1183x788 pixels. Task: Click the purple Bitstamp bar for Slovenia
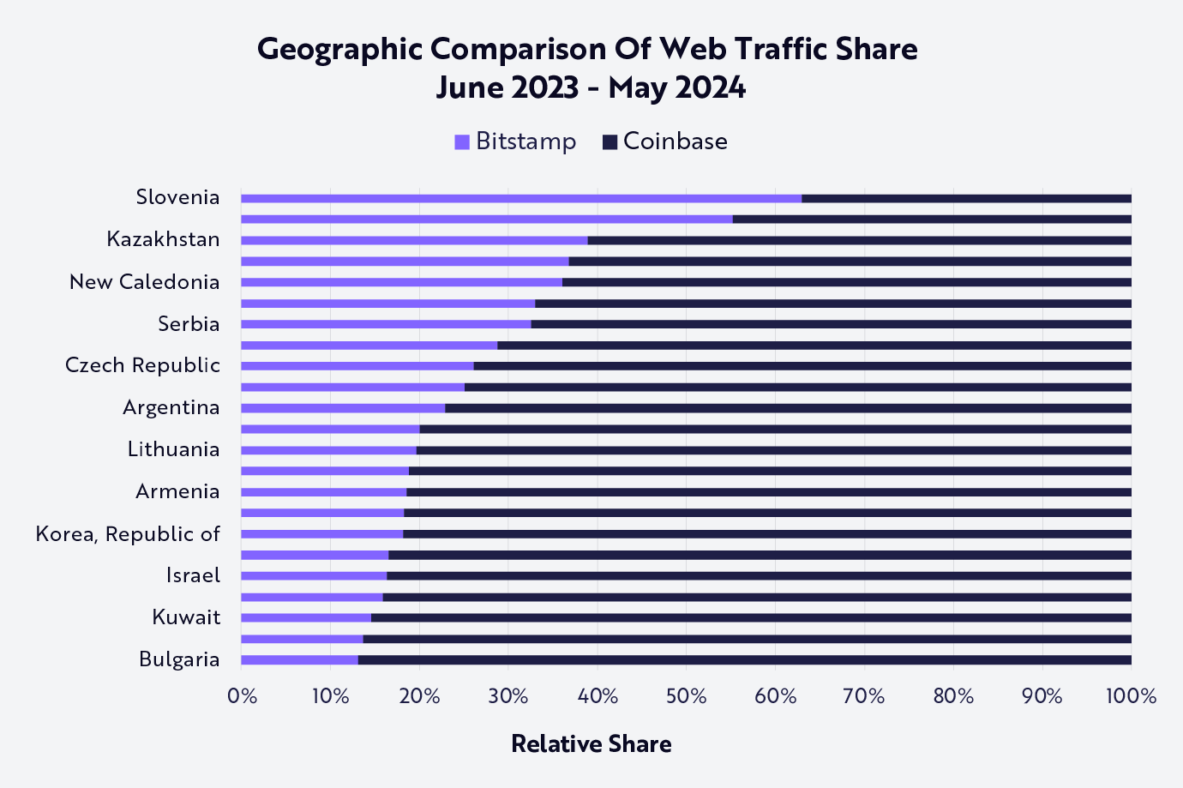[x=521, y=198]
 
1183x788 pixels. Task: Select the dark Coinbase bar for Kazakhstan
[x=859, y=240]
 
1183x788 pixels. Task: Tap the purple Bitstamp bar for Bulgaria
[x=299, y=659]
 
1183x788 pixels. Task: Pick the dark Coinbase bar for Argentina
[x=788, y=408]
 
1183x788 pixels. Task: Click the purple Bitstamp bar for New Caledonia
[x=401, y=282]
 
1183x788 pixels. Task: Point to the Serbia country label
[x=189, y=324]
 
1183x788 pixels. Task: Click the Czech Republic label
[x=142, y=365]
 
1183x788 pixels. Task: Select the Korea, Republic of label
[x=128, y=534]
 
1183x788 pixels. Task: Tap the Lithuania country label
[x=173, y=449]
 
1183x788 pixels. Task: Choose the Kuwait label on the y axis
[x=186, y=617]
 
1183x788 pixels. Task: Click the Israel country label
[x=193, y=575]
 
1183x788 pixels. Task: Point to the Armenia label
[x=177, y=491]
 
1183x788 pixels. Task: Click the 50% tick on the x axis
[x=686, y=696]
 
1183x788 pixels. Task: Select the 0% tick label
[x=243, y=696]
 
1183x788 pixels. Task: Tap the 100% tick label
[x=1131, y=696]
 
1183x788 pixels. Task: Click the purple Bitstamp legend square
[x=462, y=142]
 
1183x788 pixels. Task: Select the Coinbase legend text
[x=675, y=141]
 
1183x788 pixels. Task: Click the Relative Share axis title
[x=591, y=743]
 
